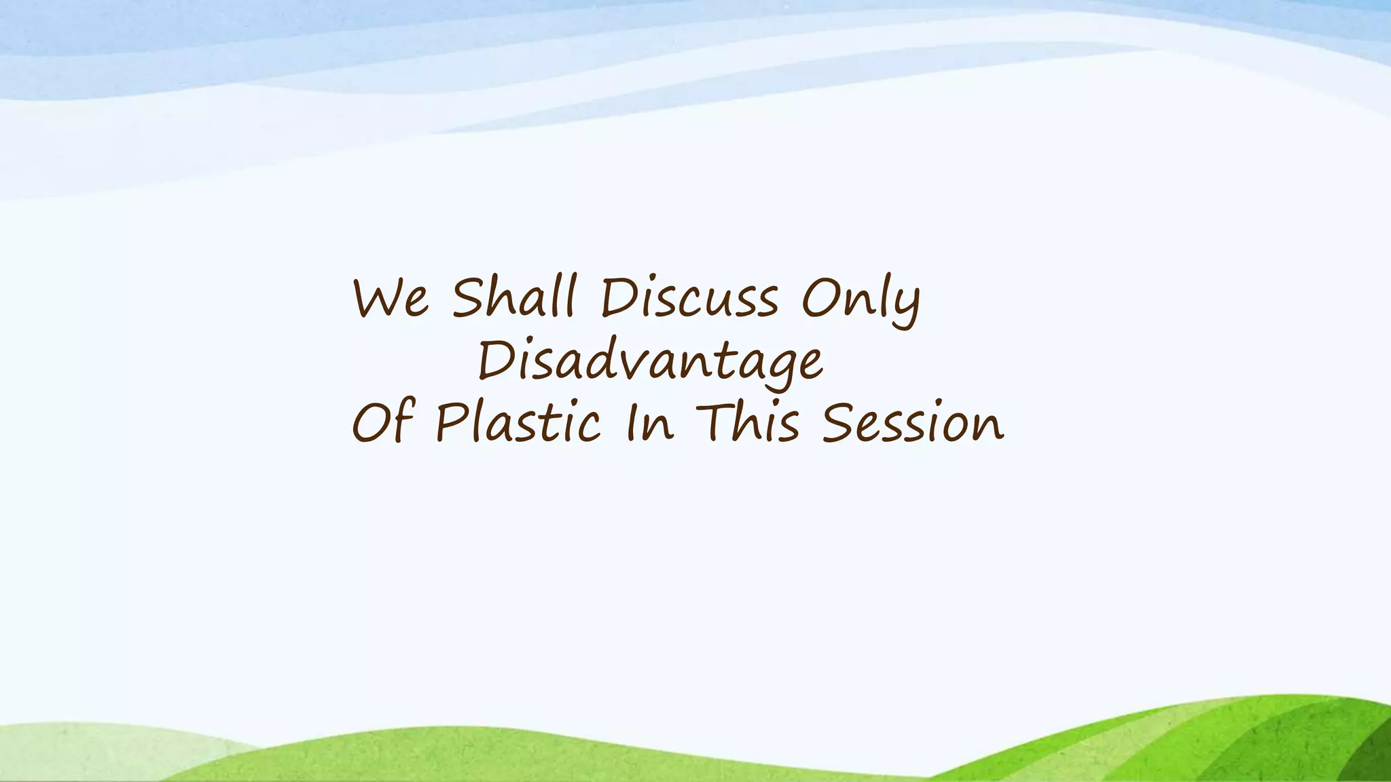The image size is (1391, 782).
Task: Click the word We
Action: [x=391, y=299]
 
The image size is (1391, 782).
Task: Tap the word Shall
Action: [x=514, y=297]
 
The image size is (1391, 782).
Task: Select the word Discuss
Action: [x=689, y=299]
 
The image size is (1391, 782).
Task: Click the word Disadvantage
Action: [x=650, y=362]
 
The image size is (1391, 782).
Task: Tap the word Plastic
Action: [x=518, y=422]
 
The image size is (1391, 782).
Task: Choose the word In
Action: [x=649, y=422]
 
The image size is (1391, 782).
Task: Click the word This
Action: [x=748, y=422]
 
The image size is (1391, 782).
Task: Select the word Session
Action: [x=912, y=422]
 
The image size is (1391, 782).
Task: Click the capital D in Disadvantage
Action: [x=494, y=360]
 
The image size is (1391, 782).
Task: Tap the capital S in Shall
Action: [x=470, y=297]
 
